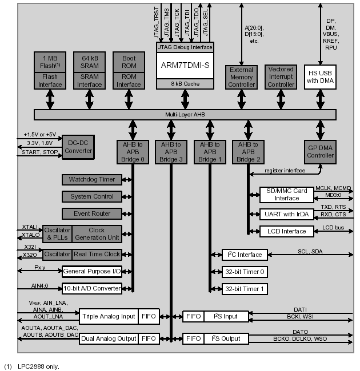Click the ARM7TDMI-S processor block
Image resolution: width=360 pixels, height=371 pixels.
(185, 66)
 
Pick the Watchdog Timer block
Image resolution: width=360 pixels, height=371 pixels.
(92, 179)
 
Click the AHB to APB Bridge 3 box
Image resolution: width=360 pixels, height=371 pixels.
(170, 152)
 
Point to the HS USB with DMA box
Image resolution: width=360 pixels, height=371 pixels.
(320, 76)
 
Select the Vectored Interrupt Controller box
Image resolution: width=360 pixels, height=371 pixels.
(281, 76)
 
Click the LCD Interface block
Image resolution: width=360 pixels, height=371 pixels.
(286, 231)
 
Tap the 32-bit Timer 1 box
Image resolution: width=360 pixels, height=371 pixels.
(244, 289)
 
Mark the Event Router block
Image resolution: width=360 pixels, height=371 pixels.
(92, 213)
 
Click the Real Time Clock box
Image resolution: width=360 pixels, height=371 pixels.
(97, 254)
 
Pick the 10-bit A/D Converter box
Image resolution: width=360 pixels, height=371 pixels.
(92, 288)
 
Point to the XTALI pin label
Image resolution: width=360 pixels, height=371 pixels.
(30, 227)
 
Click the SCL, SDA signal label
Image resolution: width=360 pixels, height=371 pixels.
(310, 251)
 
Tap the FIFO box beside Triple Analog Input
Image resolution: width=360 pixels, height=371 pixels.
(149, 316)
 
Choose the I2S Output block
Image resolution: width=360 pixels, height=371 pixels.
(226, 338)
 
